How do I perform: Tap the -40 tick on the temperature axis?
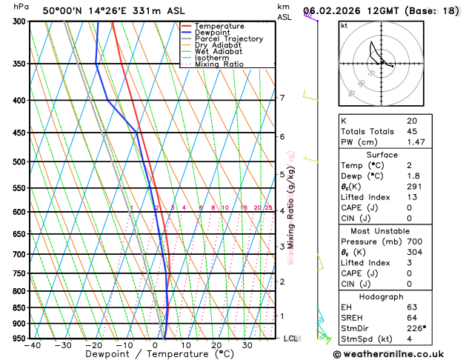pyautogui.click(x=32, y=345)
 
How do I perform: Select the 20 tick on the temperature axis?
pyautogui.click(x=216, y=345)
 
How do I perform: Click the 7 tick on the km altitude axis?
pyautogui.click(x=282, y=98)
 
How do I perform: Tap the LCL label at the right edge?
pyautogui.click(x=291, y=339)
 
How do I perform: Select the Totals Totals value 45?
pyautogui.click(x=412, y=131)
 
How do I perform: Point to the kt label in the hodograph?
pyautogui.click(x=344, y=26)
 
